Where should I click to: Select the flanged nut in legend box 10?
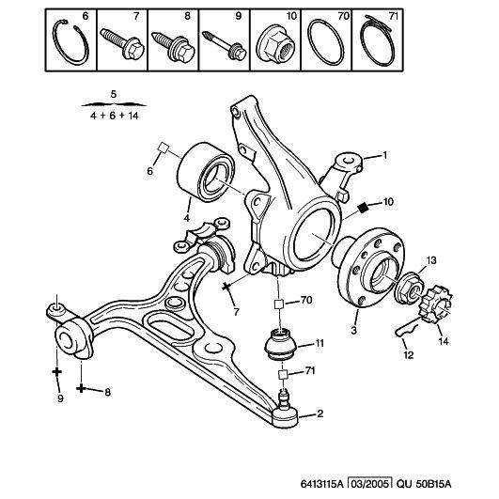[276, 47]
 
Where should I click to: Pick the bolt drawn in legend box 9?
[225, 45]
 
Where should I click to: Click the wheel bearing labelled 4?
[205, 174]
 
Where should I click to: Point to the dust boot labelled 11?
[281, 346]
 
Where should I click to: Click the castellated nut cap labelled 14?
[434, 304]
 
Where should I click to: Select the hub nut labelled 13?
[410, 288]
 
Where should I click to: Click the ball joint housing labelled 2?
[285, 417]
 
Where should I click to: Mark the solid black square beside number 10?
[363, 208]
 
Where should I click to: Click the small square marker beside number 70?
[279, 304]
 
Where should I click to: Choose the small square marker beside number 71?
[283, 374]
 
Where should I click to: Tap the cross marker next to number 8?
[81, 388]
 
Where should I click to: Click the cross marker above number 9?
[57, 371]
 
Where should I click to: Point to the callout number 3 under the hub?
[354, 330]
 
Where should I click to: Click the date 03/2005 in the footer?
[369, 484]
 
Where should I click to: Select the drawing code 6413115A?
[321, 484]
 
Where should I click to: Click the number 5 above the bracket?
[114, 94]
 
